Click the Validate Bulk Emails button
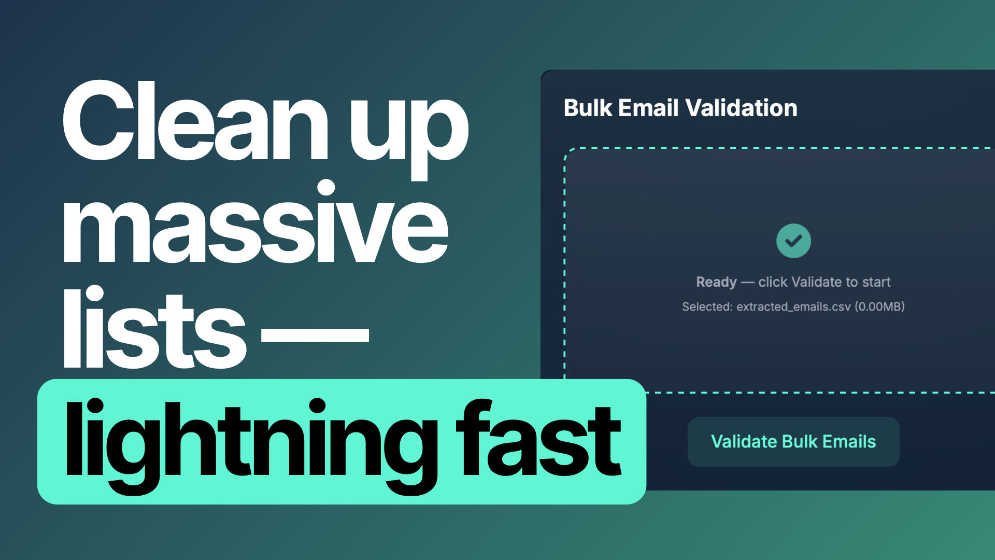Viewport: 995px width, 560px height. (793, 442)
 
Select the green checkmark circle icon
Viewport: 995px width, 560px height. (793, 241)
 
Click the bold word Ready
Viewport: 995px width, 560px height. (716, 282)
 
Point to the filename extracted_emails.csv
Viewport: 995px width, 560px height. (793, 307)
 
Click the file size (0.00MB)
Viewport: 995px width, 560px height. (879, 307)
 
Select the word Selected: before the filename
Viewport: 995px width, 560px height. (707, 307)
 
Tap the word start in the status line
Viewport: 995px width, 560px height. (876, 282)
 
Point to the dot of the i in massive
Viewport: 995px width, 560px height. (326, 187)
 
